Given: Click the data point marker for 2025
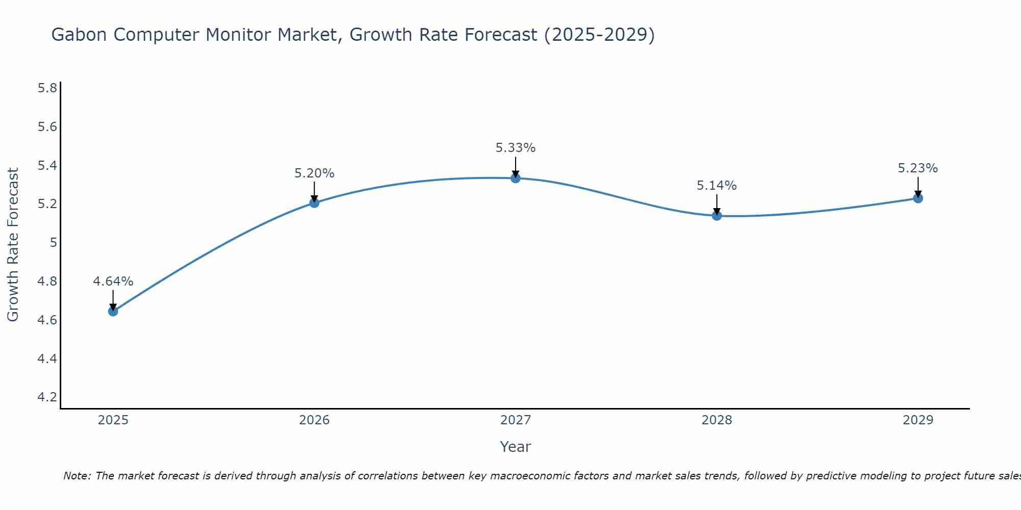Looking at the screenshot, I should (113, 311).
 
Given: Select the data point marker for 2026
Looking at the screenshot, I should (314, 203).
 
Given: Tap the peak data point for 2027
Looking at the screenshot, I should (516, 178).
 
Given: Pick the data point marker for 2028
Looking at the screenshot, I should (717, 216).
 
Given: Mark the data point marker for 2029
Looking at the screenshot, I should (918, 198).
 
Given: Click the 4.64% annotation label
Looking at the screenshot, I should (113, 282).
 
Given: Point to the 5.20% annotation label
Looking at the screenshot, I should (314, 173).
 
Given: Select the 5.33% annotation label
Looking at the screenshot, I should (516, 148).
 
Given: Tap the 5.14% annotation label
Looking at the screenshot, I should (717, 186).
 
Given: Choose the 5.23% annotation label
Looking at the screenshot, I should (918, 168).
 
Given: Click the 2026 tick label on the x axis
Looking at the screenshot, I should (314, 420).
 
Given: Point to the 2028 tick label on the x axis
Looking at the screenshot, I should (717, 420).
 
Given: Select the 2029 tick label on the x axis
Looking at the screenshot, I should (918, 420).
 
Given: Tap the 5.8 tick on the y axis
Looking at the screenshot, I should (47, 88).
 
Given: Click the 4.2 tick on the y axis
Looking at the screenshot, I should (47, 397).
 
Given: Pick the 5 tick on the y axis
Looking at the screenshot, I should (53, 243).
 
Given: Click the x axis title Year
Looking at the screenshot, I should (516, 447).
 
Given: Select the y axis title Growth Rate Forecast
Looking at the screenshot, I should (13, 245).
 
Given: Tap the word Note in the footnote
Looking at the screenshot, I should (77, 476).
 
